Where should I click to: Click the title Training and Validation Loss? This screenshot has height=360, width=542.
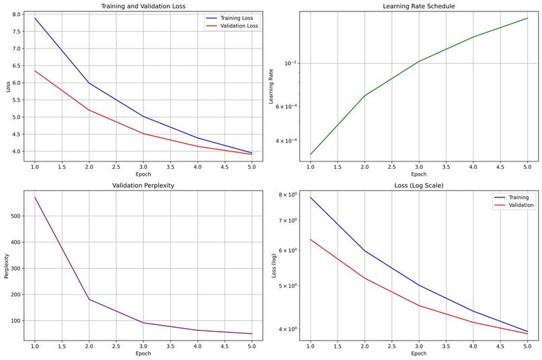tap(143, 6)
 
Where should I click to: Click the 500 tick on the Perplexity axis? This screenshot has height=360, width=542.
tap(16, 216)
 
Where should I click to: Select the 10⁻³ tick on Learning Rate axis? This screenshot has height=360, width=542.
tap(290, 63)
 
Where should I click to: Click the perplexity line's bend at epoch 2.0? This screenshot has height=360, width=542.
tap(89, 299)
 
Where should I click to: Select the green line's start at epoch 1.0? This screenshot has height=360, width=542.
tap(310, 155)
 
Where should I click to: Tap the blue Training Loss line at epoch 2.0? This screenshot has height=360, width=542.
tap(89, 83)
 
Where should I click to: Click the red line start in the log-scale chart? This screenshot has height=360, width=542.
tap(310, 239)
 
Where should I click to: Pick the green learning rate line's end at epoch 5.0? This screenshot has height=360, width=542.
tap(527, 18)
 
